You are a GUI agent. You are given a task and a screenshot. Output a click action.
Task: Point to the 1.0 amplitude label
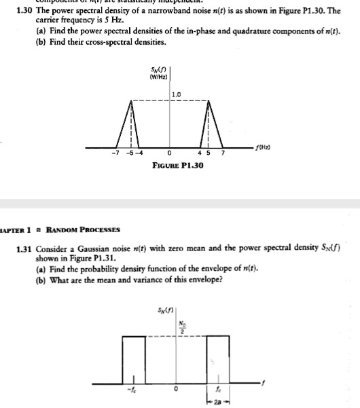click(x=177, y=94)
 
